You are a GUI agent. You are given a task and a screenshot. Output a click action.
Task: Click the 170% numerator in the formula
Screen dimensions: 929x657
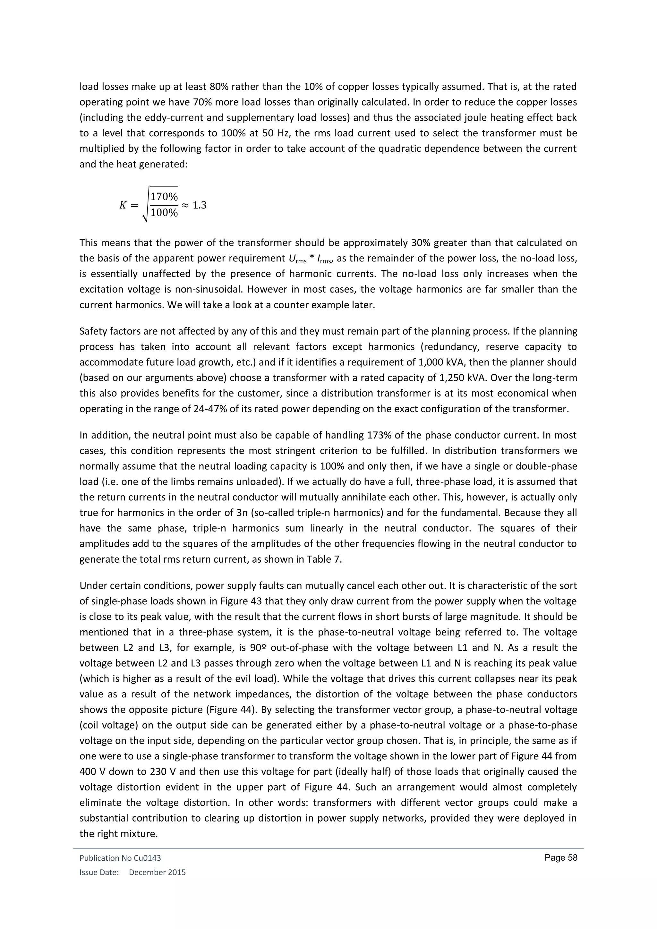(x=164, y=197)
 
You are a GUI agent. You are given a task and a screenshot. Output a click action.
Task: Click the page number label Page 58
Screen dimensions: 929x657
(x=561, y=858)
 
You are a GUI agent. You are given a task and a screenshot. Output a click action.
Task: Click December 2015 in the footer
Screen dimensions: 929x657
(x=158, y=872)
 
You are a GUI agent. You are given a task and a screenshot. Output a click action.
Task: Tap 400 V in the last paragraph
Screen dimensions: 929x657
(x=93, y=771)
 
